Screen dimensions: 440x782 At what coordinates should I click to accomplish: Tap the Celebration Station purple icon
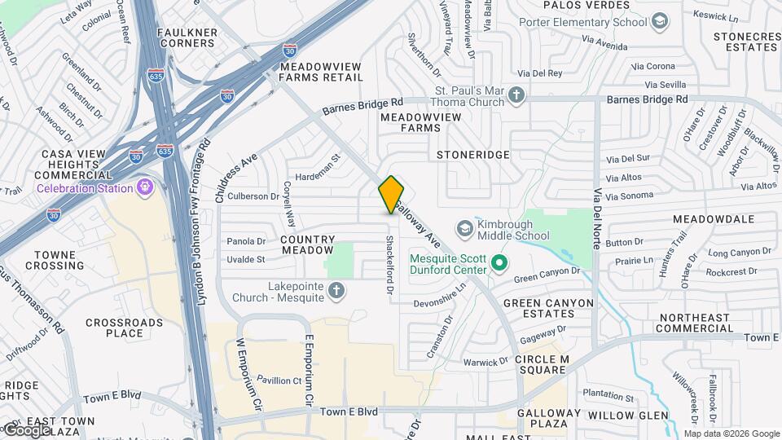pyautogui.click(x=146, y=188)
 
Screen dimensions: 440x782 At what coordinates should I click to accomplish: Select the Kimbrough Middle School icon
pyautogui.click(x=465, y=227)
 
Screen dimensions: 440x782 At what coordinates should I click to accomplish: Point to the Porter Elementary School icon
pyautogui.click(x=661, y=22)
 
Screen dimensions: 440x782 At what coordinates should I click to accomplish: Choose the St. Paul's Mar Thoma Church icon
pyautogui.click(x=516, y=96)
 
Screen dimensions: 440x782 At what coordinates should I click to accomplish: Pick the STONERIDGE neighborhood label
pyautogui.click(x=472, y=154)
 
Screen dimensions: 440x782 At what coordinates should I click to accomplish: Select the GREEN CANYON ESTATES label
pyautogui.click(x=548, y=309)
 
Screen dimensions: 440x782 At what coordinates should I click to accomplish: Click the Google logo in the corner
pyautogui.click(x=28, y=429)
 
